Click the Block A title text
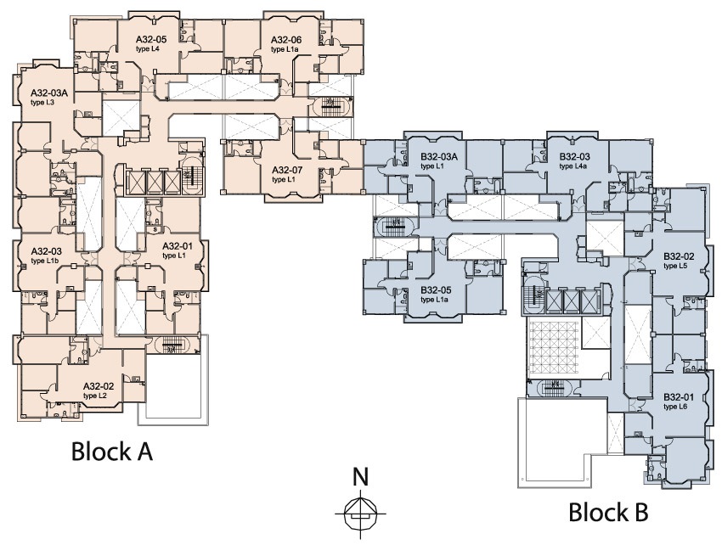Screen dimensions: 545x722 coord(111,451)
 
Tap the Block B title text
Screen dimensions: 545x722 coord(608,512)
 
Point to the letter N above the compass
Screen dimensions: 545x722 coord(360,476)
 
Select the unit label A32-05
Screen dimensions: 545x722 coord(151,40)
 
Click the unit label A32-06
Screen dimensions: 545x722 coord(286,40)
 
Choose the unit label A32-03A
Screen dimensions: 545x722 coord(48,93)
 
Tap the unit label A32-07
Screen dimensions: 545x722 coord(287,170)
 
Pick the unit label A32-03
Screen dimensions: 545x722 coord(45,251)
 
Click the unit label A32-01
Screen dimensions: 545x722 coord(178,246)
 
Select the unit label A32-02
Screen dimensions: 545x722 coord(98,386)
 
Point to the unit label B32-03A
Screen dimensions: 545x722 coord(439,156)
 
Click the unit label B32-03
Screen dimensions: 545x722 coord(574,156)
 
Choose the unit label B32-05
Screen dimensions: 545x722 coord(435,289)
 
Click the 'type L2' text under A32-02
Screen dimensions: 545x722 coord(94,396)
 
